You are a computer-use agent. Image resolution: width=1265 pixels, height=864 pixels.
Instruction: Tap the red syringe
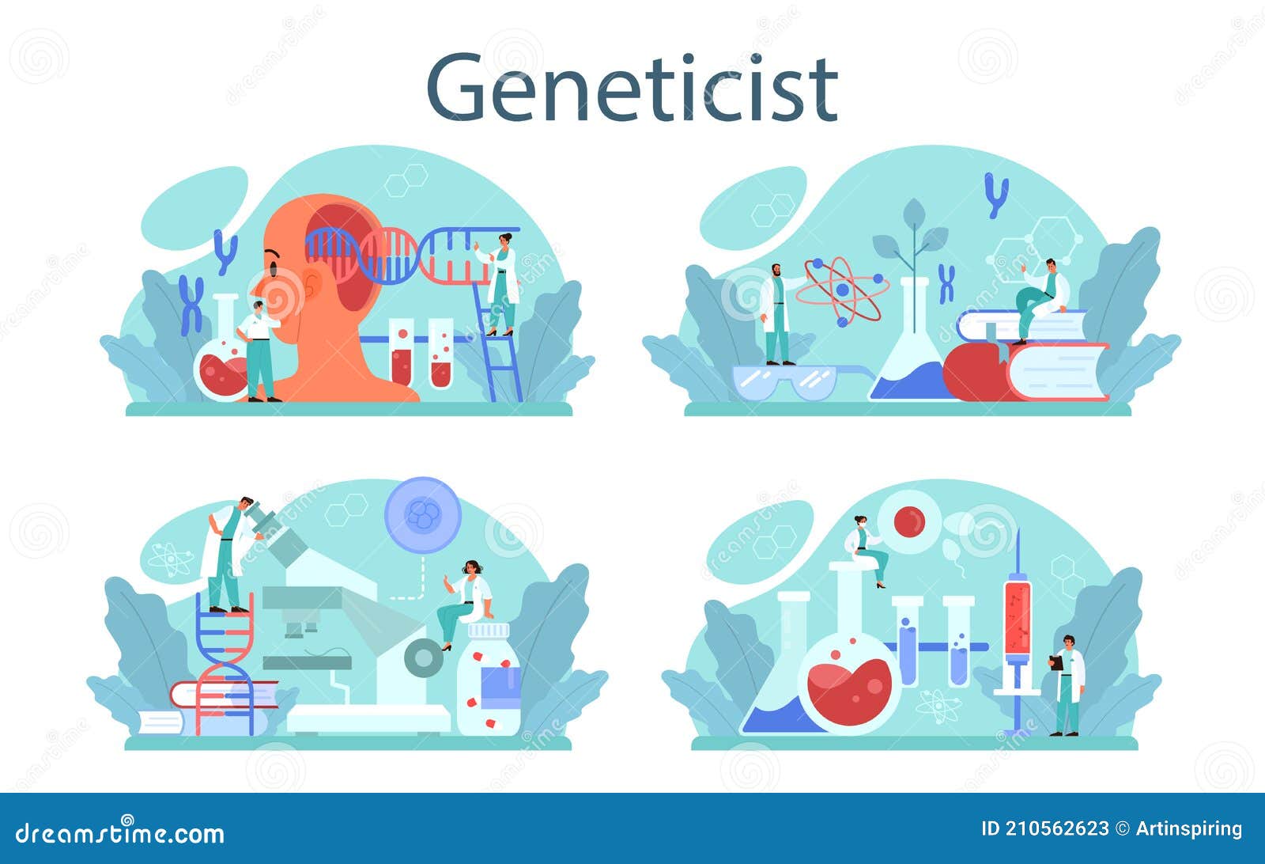(x=1018, y=617)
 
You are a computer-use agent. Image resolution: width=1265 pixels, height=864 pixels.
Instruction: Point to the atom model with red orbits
(x=841, y=290)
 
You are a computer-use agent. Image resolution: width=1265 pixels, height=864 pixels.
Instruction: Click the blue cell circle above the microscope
(x=422, y=515)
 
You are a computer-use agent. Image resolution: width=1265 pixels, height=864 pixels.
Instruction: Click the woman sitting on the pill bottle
(x=466, y=601)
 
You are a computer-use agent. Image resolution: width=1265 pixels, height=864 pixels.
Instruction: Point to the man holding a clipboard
(x=1067, y=684)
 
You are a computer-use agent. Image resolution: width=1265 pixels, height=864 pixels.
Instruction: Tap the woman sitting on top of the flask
(x=867, y=550)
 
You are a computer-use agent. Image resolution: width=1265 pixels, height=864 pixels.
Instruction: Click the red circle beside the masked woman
(x=909, y=521)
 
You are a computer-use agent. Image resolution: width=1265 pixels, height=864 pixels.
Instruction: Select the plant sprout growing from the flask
(x=914, y=237)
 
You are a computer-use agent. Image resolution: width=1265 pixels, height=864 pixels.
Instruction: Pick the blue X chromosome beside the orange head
(x=191, y=305)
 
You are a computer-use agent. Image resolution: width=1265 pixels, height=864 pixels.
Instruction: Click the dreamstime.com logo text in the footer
(x=120, y=832)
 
